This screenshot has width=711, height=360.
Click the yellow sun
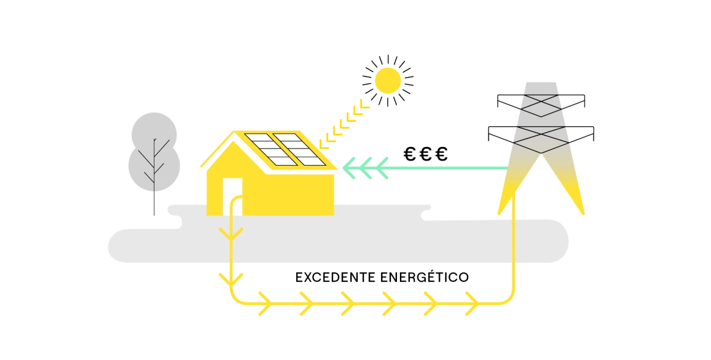(x=388, y=81)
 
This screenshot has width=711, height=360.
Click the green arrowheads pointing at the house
(x=365, y=168)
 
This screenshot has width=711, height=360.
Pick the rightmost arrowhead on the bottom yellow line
(x=471, y=303)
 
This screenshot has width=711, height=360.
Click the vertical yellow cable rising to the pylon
(x=514, y=249)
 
